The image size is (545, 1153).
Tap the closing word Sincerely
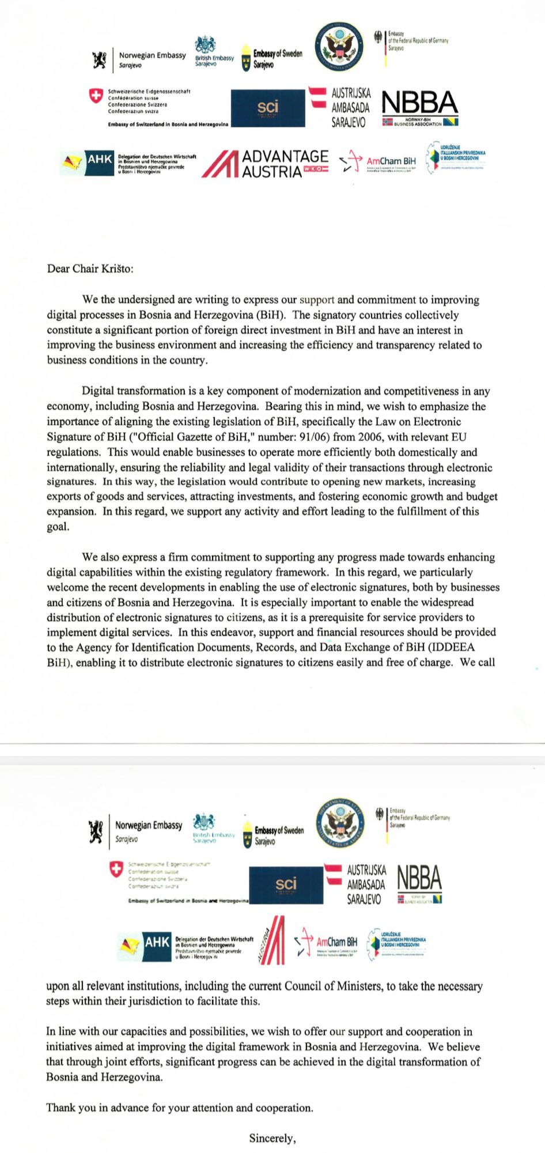(x=272, y=1138)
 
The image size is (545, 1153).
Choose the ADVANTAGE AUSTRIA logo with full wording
(x=265, y=164)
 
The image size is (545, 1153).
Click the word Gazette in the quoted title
(x=176, y=437)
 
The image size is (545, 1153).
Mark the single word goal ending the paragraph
(x=57, y=526)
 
